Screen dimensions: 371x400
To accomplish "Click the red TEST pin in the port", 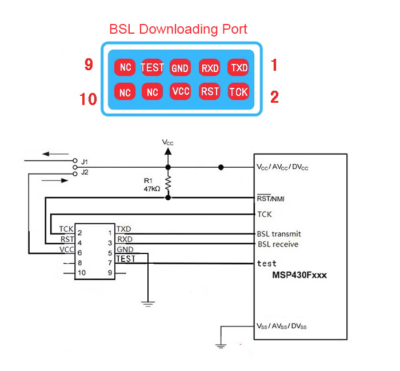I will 153,67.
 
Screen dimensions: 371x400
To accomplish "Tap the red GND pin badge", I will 180,68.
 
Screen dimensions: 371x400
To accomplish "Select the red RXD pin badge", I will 210,68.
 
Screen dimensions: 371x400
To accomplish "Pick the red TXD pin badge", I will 238,67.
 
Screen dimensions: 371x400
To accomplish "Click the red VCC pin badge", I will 180,91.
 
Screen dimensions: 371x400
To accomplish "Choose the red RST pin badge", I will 210,91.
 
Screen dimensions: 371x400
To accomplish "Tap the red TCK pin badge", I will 238,91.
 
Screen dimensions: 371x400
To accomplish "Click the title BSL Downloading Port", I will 178,29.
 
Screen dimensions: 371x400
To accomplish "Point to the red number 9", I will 89,64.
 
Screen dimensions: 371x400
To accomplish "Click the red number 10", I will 89,99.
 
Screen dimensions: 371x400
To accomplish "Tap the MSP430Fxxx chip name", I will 299,275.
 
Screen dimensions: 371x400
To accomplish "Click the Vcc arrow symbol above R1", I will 168,152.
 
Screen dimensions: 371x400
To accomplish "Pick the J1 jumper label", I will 85,162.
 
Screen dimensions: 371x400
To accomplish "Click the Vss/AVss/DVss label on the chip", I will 282,326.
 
